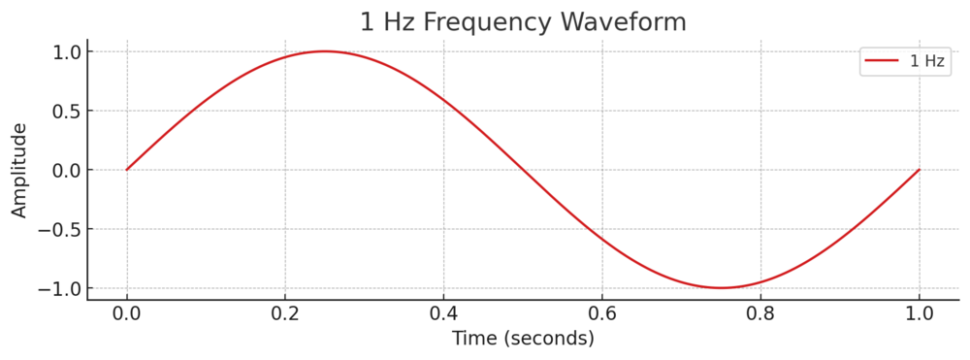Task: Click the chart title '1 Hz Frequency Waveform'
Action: (x=523, y=21)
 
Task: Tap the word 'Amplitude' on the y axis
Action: (x=19, y=170)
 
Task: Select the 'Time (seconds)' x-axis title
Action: (x=523, y=339)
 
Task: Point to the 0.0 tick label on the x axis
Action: (x=126, y=313)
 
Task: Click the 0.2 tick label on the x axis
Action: (x=285, y=313)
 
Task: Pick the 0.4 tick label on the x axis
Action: (x=443, y=313)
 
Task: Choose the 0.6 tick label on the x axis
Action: (x=601, y=313)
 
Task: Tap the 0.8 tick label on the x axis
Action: (x=760, y=313)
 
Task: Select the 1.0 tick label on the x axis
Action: (x=919, y=313)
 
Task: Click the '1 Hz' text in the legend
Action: (x=925, y=61)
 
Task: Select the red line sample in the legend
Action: (x=882, y=61)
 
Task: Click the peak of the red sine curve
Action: (x=324, y=51)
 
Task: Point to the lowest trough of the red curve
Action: (x=721, y=288)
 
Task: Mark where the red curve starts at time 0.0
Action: (x=126, y=170)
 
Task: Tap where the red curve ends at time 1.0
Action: (x=919, y=170)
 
